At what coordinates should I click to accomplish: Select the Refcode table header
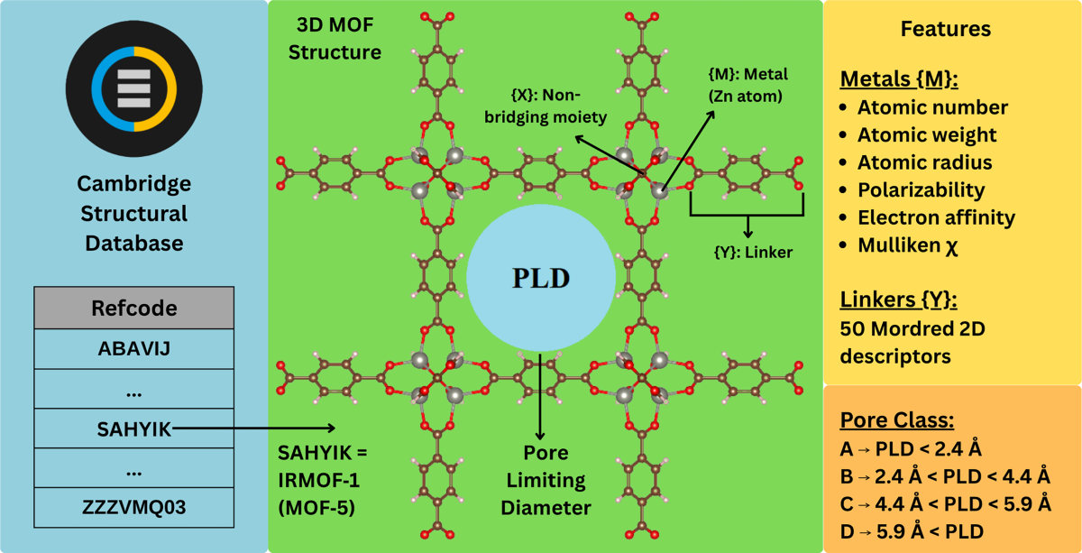(133, 308)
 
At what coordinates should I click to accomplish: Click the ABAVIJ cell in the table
(133, 349)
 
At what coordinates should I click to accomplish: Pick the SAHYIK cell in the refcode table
(133, 429)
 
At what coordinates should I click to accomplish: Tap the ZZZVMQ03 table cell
(133, 507)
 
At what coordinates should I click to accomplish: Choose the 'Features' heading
(946, 29)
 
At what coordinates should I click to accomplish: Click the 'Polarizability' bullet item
(921, 190)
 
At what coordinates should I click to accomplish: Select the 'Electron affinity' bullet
(936, 217)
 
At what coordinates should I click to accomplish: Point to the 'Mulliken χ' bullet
(908, 245)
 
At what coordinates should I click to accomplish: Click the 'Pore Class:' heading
(897, 420)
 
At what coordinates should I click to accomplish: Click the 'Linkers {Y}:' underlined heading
(896, 300)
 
